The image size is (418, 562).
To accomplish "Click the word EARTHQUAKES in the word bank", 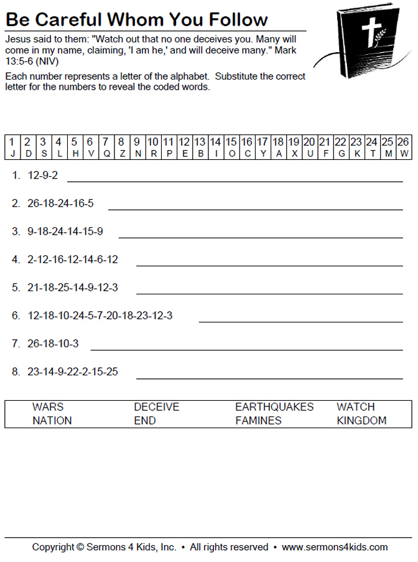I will pos(274,407).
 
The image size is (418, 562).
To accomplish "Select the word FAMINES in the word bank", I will pos(258,421).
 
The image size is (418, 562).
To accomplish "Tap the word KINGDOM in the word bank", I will pos(361,421).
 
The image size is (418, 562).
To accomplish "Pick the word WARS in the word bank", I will pos(48,407).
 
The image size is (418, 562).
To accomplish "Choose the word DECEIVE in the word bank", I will pos(156,407).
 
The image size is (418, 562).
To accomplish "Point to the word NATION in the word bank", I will pos(52,421).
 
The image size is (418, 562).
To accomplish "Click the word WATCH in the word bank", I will pos(356,407).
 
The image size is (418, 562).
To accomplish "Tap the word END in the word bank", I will pos(145,421).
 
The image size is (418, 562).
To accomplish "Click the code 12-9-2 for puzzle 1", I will pos(43,176).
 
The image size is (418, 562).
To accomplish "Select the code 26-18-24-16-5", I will pos(60,204).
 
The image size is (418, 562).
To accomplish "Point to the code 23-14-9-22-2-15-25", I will pos(73,372).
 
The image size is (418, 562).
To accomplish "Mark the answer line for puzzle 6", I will pos(300,322).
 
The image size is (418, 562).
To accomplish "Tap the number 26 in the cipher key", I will pos(403,142).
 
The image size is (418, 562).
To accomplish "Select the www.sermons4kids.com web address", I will pos(335,548).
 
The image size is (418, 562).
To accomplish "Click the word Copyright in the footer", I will pos(53,548).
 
